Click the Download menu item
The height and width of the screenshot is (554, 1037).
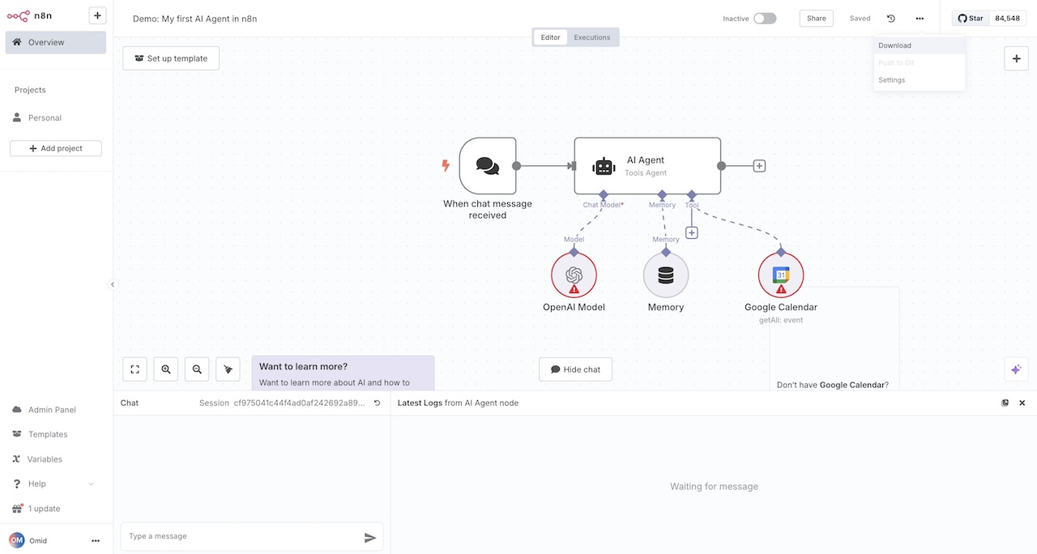[x=895, y=45]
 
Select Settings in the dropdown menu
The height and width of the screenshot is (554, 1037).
[x=892, y=80]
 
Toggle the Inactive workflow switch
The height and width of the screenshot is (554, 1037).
[x=765, y=19]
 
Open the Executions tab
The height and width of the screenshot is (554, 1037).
[x=591, y=37]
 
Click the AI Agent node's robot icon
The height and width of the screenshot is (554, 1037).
[x=604, y=166]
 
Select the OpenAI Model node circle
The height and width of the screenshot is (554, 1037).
[x=574, y=275]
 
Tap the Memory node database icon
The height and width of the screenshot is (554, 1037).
[x=666, y=275]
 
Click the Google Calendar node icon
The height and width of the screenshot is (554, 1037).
[x=781, y=275]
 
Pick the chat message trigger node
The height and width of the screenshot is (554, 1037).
[x=488, y=166]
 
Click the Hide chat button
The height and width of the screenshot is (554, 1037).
[x=576, y=369]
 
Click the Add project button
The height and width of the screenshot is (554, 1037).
[x=56, y=148]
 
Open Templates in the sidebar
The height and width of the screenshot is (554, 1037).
[x=48, y=434]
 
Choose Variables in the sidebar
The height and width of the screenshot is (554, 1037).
[x=45, y=459]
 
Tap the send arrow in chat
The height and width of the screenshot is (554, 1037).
[x=370, y=537]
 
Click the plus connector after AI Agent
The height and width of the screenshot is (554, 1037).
[x=759, y=166]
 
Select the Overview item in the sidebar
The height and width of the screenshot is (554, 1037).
[x=56, y=42]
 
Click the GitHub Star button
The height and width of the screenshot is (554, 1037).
[x=971, y=18]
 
